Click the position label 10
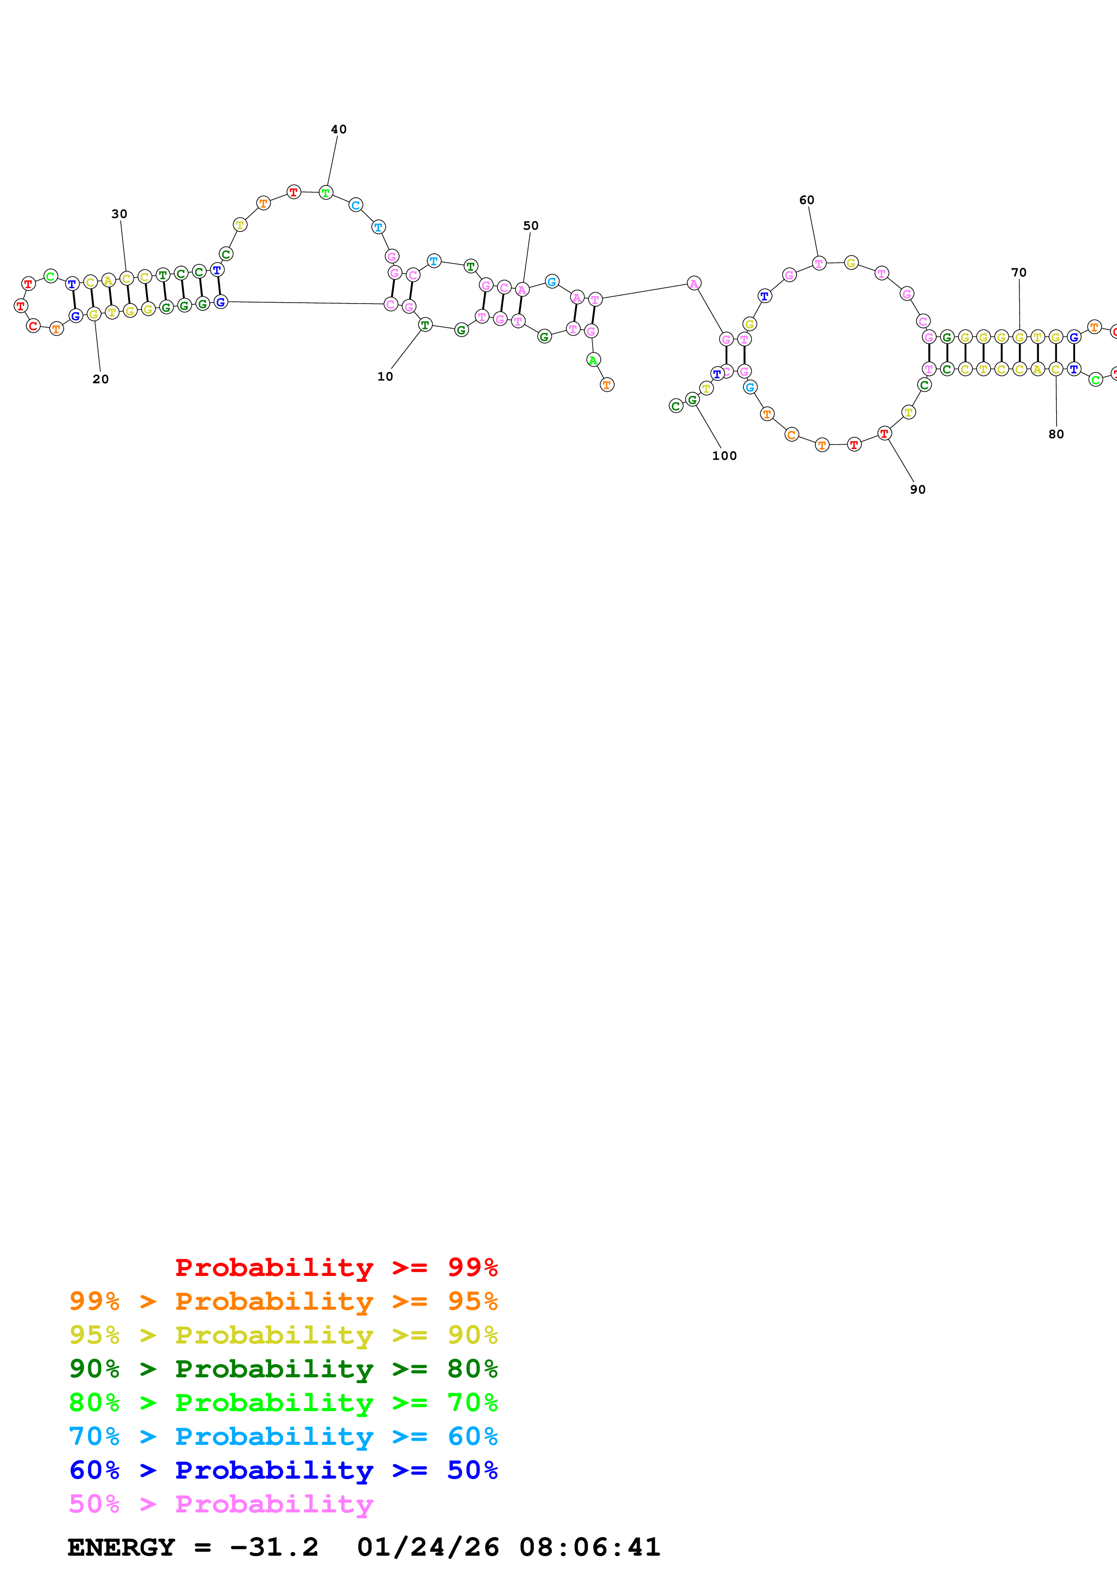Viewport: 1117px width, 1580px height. point(385,377)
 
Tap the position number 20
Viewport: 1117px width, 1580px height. point(100,379)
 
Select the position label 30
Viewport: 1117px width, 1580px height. point(119,214)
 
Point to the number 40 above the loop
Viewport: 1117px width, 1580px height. point(338,129)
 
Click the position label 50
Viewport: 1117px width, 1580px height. point(531,226)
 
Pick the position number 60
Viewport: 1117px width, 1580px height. point(807,200)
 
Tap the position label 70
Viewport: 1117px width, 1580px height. point(1019,272)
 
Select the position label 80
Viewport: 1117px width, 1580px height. point(1056,434)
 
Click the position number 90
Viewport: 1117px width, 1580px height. point(917,489)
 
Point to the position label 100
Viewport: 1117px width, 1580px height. point(724,455)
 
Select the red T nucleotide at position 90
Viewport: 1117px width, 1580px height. point(885,433)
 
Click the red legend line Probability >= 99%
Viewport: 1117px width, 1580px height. point(336,1267)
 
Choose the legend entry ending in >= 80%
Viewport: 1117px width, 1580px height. point(283,1369)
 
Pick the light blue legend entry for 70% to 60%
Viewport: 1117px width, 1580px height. point(283,1436)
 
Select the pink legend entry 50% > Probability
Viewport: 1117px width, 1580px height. point(221,1503)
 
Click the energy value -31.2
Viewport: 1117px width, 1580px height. point(274,1548)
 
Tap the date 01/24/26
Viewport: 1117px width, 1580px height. point(428,1548)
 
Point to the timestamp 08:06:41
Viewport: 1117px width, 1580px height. point(590,1548)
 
